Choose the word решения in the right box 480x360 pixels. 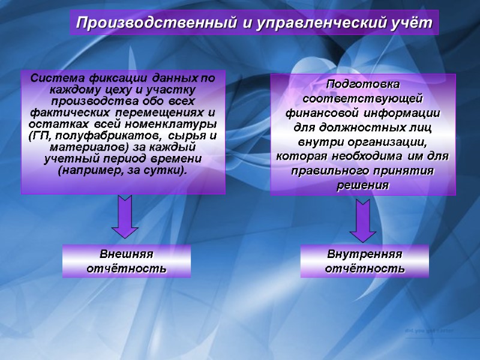pyautogui.click(x=363, y=185)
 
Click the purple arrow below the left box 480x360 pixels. pyautogui.click(x=125, y=217)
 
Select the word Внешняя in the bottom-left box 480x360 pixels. pyautogui.click(x=127, y=254)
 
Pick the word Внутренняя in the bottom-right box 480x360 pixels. pyautogui.click(x=365, y=254)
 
